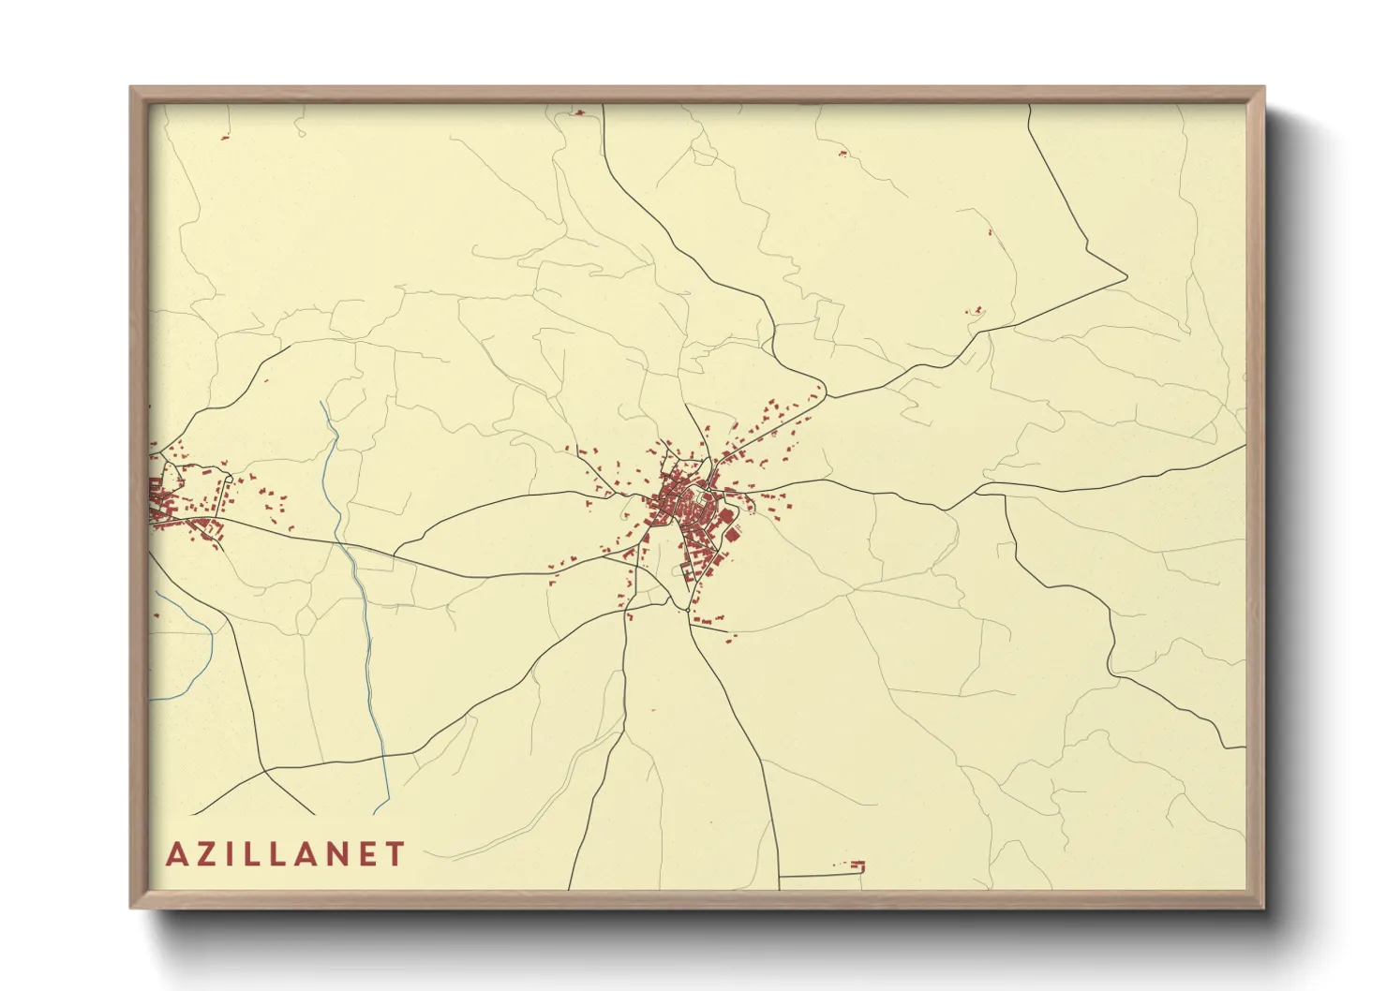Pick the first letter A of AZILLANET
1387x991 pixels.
[x=176, y=854]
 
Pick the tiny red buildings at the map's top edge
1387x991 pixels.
[x=578, y=112]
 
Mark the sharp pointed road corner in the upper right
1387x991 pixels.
[x=1126, y=277]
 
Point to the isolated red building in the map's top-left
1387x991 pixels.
[x=224, y=138]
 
